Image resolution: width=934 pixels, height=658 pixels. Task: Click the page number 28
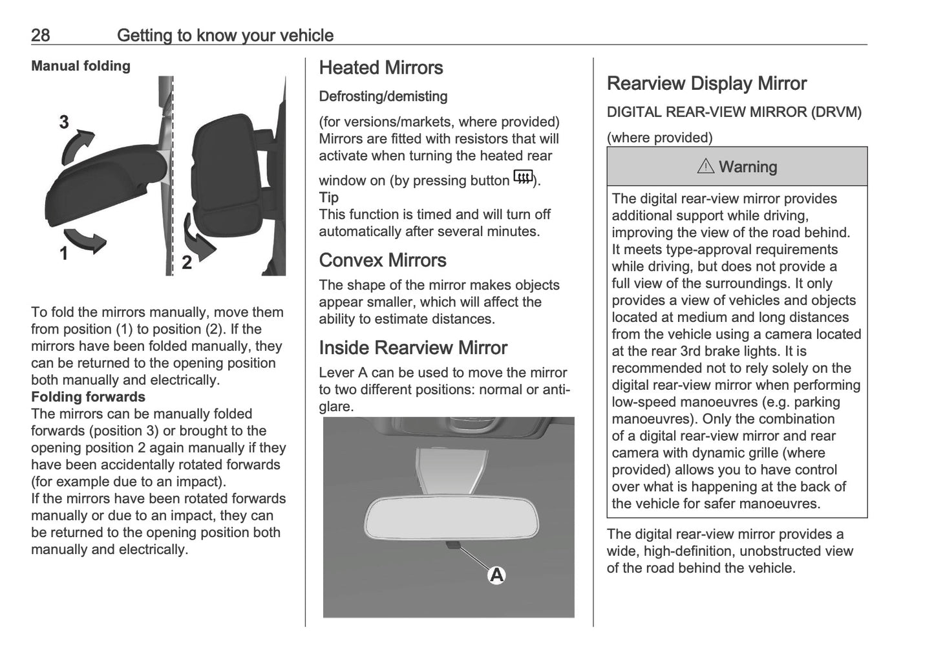point(40,35)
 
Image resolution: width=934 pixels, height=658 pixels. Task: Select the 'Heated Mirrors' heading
point(381,68)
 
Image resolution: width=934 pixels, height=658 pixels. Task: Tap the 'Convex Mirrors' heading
point(383,260)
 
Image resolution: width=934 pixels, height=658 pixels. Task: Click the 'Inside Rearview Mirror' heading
point(413,348)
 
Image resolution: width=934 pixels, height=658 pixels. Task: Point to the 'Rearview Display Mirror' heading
point(706,83)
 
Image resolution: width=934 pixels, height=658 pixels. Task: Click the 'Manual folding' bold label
point(81,66)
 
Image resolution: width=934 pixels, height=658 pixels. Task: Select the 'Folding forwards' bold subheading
point(88,397)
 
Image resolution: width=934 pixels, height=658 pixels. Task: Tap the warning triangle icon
point(706,167)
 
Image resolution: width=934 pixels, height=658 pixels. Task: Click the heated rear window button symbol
point(522,176)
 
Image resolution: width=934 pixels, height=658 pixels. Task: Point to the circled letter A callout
point(496,575)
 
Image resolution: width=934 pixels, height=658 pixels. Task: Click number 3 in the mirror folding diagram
point(64,122)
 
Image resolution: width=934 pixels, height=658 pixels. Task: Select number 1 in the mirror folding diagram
point(64,254)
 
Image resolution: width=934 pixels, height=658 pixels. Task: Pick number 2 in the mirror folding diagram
point(187,263)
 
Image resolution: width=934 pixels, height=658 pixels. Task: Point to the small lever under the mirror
point(452,544)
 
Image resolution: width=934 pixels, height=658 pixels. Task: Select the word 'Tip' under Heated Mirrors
point(328,198)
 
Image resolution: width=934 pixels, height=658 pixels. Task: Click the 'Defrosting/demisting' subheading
point(383,96)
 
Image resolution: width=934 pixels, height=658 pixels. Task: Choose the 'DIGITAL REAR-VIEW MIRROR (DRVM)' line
point(734,112)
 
